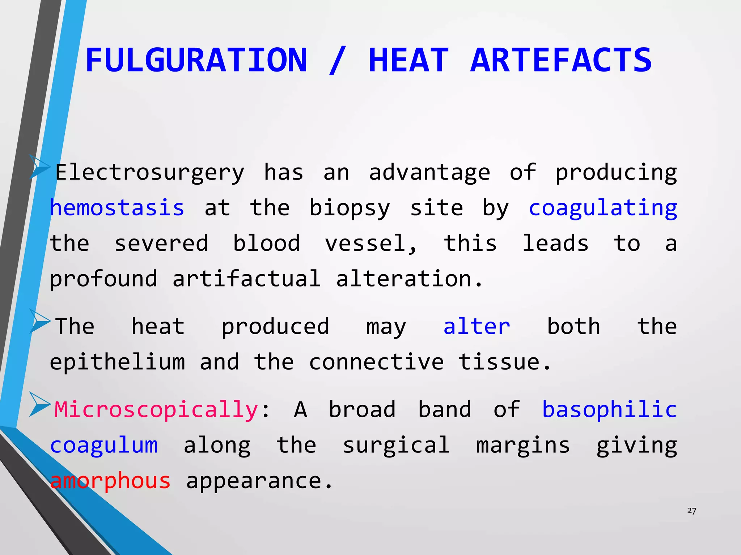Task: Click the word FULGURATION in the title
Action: point(196,60)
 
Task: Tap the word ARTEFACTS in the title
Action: point(561,60)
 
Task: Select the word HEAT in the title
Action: point(408,60)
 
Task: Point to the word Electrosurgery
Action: point(150,173)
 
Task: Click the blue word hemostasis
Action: point(117,208)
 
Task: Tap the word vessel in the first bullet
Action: point(370,243)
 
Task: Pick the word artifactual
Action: point(246,279)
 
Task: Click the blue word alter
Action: point(477,326)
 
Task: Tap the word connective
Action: point(376,362)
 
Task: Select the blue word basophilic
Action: point(609,409)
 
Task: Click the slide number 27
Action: point(692,511)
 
